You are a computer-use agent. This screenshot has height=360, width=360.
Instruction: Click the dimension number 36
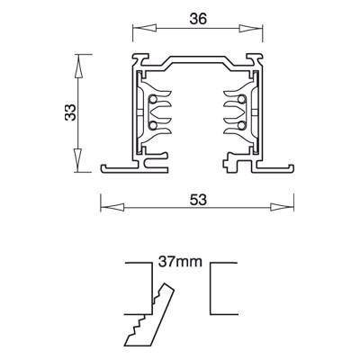tap(198, 19)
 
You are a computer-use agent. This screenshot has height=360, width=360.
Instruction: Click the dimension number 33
tap(70, 112)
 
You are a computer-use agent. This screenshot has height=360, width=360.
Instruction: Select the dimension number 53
tap(198, 200)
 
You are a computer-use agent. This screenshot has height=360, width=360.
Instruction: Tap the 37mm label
tap(180, 262)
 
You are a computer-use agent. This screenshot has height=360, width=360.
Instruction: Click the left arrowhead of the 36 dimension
tap(145, 28)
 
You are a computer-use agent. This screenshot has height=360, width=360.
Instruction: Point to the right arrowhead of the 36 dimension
tap(251, 28)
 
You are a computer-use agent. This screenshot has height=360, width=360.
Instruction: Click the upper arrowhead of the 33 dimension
tap(77, 67)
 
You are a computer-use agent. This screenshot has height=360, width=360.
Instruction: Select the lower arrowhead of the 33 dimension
tap(77, 160)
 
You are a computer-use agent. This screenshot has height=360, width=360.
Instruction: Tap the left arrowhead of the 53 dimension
tap(112, 207)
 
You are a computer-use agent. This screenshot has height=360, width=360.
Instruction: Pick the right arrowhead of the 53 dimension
tap(282, 207)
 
